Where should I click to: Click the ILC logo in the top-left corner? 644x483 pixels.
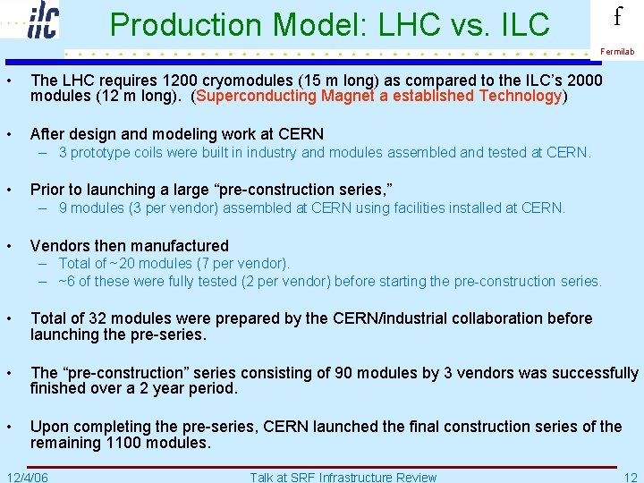[x=42, y=20]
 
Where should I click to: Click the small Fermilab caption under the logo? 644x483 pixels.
[x=617, y=52]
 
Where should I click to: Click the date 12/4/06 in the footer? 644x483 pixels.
[x=27, y=477]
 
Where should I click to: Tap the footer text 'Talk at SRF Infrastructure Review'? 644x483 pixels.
[x=343, y=477]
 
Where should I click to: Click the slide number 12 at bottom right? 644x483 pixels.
[x=631, y=477]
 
